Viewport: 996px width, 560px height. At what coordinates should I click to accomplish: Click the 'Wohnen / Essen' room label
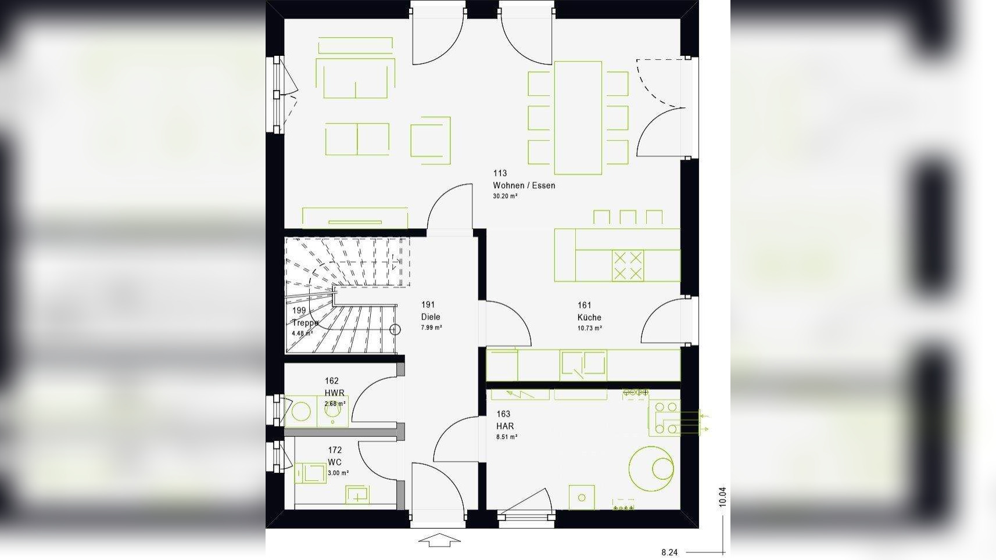[524, 185]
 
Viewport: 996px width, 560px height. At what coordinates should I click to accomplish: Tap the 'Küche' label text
[589, 317]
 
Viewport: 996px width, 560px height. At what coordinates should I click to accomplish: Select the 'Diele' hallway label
[431, 317]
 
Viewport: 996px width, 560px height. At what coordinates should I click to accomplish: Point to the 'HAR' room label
[505, 426]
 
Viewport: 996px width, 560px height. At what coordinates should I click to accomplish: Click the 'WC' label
[335, 462]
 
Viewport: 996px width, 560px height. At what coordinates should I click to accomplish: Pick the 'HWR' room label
[334, 393]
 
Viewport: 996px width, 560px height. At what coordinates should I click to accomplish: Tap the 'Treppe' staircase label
[305, 322]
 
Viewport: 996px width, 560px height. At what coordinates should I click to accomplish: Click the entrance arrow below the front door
[439, 540]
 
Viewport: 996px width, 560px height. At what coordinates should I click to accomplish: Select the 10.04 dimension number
[722, 497]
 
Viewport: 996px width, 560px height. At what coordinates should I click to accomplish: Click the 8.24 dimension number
[669, 552]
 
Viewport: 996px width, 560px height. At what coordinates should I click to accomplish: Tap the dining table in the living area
[578, 117]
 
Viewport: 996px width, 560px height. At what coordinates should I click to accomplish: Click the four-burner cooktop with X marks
[628, 265]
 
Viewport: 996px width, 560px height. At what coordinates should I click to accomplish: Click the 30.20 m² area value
[505, 196]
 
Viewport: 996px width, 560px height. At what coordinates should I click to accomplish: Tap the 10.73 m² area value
[589, 328]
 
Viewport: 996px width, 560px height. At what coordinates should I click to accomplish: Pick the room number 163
[503, 414]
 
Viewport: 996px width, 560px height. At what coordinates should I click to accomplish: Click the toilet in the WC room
[310, 472]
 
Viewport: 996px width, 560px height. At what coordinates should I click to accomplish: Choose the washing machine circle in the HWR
[301, 411]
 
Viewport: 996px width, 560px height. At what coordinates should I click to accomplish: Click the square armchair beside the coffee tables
[431, 140]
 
